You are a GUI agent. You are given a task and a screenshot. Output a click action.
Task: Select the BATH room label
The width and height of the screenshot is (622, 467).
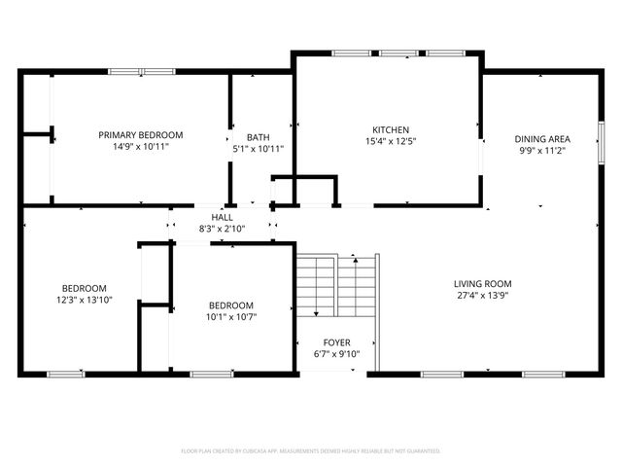258,137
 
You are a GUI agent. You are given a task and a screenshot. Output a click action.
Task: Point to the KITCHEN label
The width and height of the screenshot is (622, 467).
391,129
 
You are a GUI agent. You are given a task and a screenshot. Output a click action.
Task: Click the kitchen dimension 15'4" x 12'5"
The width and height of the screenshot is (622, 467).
391,141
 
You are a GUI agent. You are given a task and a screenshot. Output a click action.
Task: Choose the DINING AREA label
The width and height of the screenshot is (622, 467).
541,138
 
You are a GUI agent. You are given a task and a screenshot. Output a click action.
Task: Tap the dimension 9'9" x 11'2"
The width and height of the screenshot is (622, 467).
541,151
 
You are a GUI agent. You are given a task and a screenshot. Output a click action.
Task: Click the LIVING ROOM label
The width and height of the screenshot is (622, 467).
482,284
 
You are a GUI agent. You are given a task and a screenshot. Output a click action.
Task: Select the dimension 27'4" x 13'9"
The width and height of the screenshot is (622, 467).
482,296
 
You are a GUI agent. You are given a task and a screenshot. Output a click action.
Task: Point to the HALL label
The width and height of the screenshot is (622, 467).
223,217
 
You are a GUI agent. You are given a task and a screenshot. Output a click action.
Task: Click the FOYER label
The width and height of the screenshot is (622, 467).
337,342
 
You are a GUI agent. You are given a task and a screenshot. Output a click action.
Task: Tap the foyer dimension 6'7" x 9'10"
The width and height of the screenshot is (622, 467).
337,354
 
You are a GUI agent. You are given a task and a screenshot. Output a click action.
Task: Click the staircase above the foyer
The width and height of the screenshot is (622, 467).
316,284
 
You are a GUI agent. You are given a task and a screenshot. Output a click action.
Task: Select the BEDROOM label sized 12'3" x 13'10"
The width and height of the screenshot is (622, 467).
84,288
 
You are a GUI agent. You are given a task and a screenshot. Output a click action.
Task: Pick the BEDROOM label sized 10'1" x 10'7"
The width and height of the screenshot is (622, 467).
231,305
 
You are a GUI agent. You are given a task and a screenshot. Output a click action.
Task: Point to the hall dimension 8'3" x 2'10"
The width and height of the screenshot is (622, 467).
223,229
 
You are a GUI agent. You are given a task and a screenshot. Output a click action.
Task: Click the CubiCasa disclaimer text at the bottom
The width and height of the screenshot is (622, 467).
311,451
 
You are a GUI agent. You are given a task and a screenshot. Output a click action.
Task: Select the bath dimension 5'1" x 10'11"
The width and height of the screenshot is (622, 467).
258,149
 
